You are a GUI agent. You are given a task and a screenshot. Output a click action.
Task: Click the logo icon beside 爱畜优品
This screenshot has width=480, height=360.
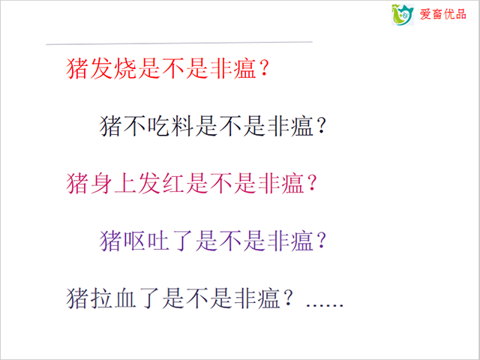click(x=403, y=15)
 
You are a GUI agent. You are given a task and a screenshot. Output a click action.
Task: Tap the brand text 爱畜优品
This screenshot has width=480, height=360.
click(x=442, y=14)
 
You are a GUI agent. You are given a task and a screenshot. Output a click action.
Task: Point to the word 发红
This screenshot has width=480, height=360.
click(x=161, y=184)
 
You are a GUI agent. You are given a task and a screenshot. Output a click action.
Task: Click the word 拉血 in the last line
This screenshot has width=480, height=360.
click(x=113, y=298)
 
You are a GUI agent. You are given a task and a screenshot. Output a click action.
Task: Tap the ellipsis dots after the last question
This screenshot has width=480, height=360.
click(x=325, y=305)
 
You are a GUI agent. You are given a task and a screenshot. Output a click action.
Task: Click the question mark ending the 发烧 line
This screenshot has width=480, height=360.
click(x=264, y=68)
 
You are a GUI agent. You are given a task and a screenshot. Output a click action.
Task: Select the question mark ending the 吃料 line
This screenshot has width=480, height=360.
click(x=321, y=126)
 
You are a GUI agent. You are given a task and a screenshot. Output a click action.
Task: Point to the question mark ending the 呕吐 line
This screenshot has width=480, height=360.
click(x=321, y=241)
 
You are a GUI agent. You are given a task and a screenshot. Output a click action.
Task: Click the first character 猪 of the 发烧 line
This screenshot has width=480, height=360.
click(x=77, y=68)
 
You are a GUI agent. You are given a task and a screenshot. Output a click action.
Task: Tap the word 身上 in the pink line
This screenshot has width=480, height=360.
click(x=113, y=184)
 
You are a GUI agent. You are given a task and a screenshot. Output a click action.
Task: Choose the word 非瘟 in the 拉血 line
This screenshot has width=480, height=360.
click(x=257, y=298)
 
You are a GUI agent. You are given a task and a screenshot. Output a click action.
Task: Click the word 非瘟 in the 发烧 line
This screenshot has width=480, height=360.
click(x=233, y=68)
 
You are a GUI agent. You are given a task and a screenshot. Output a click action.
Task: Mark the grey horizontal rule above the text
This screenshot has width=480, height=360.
click(x=179, y=43)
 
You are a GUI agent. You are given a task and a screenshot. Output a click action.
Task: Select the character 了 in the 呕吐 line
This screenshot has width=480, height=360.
click(x=183, y=241)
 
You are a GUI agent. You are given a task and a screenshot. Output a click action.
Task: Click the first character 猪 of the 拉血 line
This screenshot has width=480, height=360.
click(x=77, y=298)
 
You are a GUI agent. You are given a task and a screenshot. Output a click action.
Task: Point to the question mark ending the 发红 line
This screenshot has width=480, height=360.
click(x=312, y=184)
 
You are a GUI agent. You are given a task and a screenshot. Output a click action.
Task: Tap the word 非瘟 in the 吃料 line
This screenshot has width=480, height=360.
click(x=290, y=126)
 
